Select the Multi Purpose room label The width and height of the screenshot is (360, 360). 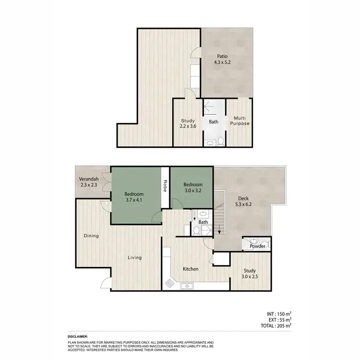pos(241,120)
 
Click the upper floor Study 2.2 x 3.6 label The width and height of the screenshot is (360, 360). pos(187,124)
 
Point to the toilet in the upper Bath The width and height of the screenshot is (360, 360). pos(220,141)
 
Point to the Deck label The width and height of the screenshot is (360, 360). pos(243,198)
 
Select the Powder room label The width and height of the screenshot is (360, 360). pos(257,246)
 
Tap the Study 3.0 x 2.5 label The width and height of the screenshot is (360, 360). pos(250,273)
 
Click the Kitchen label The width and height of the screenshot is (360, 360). pos(191,269)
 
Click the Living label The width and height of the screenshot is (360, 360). pos(134,258)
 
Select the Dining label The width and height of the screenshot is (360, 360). pos(91,236)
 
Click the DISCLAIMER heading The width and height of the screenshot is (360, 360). pos(78,337)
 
